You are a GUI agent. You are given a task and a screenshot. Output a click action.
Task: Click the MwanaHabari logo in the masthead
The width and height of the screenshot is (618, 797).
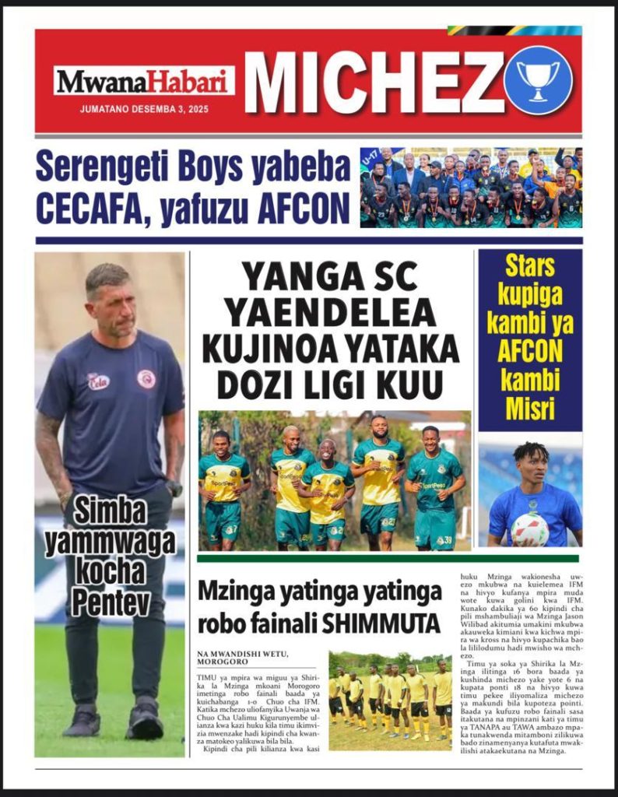pyautogui.click(x=144, y=81)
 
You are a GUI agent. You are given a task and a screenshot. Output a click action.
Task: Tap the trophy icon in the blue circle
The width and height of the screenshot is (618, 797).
pyautogui.click(x=538, y=80)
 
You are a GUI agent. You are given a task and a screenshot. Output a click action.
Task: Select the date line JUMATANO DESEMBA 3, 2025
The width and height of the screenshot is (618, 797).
pyautogui.click(x=144, y=109)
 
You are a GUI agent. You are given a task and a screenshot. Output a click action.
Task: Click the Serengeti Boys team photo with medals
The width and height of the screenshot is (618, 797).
pyautogui.click(x=470, y=187)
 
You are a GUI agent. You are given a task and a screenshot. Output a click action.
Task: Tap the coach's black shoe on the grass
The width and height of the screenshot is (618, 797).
pyautogui.click(x=146, y=722)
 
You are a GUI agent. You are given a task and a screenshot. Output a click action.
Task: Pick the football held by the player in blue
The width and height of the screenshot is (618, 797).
pyautogui.click(x=530, y=529)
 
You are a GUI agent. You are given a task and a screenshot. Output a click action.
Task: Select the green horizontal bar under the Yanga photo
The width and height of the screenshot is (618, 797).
pyautogui.click(x=388, y=558)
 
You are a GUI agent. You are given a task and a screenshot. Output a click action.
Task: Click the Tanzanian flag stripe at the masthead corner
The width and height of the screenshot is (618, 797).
pyautogui.click(x=514, y=30)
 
